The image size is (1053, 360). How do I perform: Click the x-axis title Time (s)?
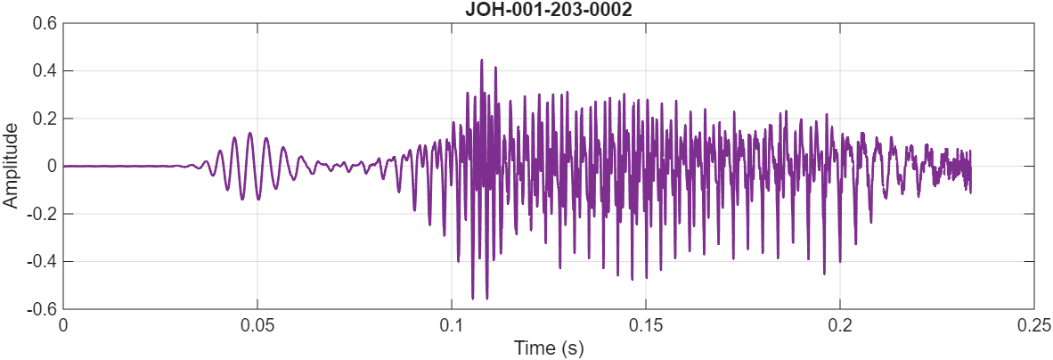coord(548,348)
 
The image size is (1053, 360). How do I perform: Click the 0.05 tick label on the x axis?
coord(257,324)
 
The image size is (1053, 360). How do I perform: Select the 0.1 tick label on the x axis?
coord(452,324)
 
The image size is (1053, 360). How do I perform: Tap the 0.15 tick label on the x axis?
coord(646,324)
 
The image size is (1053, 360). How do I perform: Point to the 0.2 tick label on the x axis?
coord(840,324)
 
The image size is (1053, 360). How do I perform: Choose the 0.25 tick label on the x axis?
coord(1034,324)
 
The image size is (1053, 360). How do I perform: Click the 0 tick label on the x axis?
coord(63,324)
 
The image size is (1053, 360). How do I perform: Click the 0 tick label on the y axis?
coord(52,166)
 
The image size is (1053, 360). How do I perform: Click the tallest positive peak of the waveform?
coord(482,60)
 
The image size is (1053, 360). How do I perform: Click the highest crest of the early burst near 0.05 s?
coord(250,133)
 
